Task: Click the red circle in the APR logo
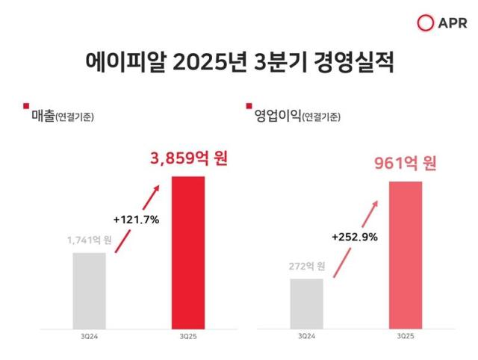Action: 426,23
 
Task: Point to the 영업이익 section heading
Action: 279,116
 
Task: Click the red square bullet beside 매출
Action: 26,105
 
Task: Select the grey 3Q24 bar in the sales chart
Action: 90,291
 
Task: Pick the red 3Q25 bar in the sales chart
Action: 187,252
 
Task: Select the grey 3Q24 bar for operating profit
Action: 307,303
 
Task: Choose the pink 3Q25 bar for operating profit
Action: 406,255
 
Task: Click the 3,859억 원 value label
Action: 187,159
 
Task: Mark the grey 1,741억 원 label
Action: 89,240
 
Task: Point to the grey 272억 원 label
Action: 307,266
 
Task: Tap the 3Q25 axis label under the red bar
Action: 187,338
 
